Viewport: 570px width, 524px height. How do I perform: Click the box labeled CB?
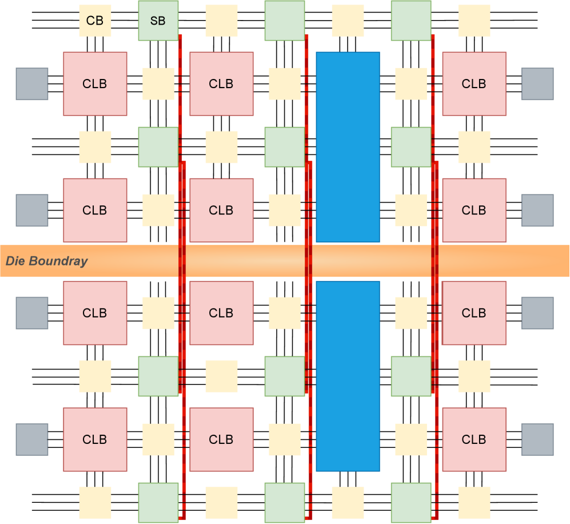tap(95, 21)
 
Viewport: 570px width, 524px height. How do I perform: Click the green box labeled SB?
tap(158, 21)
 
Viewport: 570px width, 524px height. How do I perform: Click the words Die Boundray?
tap(47, 261)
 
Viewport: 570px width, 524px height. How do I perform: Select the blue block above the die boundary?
tap(348, 147)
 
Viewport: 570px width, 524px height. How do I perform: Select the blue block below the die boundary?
tap(348, 376)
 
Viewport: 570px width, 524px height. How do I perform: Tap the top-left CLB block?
tap(95, 84)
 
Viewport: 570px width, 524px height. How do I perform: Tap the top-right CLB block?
tap(474, 84)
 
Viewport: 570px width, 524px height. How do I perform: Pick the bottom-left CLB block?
tap(95, 439)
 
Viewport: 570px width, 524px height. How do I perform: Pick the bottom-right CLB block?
tap(474, 439)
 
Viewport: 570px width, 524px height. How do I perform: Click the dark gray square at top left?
tap(32, 84)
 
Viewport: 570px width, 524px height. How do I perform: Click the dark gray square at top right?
tap(537, 84)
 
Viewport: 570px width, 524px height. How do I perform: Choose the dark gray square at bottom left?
tap(32, 439)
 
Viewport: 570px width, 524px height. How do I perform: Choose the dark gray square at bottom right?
tap(537, 439)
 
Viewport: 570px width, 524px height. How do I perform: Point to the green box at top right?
tap(410, 21)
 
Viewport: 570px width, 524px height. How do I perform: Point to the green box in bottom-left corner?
tap(158, 502)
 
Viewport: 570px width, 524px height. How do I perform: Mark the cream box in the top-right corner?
tap(474, 21)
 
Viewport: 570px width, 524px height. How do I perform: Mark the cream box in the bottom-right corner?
tap(474, 502)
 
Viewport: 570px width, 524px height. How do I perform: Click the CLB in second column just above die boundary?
tap(221, 211)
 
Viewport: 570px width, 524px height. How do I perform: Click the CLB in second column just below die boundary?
tap(221, 313)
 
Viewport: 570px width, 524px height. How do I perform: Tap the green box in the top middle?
tap(284, 21)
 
